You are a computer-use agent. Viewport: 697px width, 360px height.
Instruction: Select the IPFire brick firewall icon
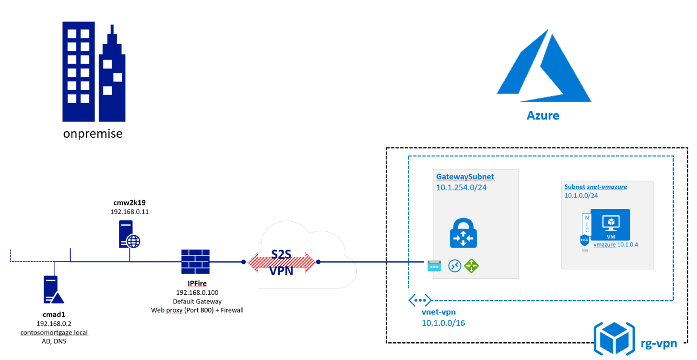pyautogui.click(x=195, y=262)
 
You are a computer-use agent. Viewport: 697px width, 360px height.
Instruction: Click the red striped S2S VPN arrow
pyautogui.click(x=281, y=262)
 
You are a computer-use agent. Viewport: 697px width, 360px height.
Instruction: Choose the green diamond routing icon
pyautogui.click(x=472, y=266)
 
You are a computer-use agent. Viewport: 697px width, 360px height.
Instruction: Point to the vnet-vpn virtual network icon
pyautogui.click(x=420, y=300)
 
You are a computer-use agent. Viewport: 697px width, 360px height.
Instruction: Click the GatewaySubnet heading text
pyautogui.click(x=465, y=177)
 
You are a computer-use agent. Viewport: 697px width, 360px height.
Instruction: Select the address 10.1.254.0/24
pyautogui.click(x=461, y=187)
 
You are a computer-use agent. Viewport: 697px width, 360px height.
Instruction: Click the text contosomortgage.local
pyautogui.click(x=54, y=332)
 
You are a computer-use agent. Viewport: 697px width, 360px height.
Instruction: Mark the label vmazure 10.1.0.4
pyautogui.click(x=615, y=244)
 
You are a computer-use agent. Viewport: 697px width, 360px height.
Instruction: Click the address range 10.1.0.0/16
pyautogui.click(x=443, y=323)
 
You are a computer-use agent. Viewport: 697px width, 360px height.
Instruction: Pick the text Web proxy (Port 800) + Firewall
pyautogui.click(x=197, y=310)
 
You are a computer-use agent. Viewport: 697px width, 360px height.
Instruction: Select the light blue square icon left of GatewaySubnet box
pyautogui.click(x=434, y=266)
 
